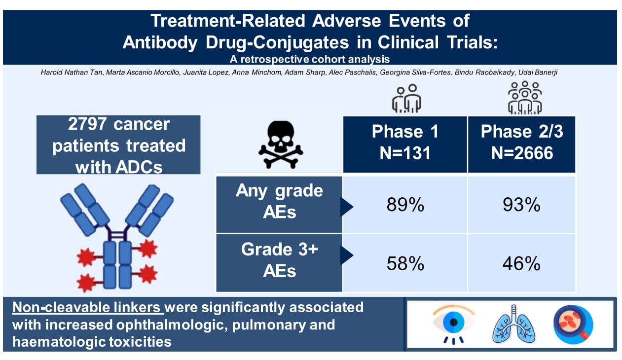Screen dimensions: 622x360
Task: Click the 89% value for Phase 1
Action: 405,205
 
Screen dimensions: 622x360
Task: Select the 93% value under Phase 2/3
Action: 521,205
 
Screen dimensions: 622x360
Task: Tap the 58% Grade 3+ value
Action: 405,263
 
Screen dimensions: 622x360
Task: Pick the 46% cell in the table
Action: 521,263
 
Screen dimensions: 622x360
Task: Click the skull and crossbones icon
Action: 281,144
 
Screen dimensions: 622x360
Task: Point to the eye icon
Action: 453,324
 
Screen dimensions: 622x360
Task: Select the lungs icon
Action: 513,324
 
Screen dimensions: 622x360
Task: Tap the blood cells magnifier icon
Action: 573,324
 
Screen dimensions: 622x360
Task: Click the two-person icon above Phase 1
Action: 407,98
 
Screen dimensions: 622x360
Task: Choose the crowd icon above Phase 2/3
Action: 525,98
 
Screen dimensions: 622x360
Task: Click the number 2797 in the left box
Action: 87,124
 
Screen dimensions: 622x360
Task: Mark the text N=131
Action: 405,153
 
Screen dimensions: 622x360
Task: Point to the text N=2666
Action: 522,153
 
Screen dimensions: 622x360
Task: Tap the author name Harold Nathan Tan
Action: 72,72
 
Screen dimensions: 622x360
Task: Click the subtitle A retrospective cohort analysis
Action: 310,59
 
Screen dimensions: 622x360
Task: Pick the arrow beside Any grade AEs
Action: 347,207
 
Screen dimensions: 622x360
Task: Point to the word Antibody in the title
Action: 160,42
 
